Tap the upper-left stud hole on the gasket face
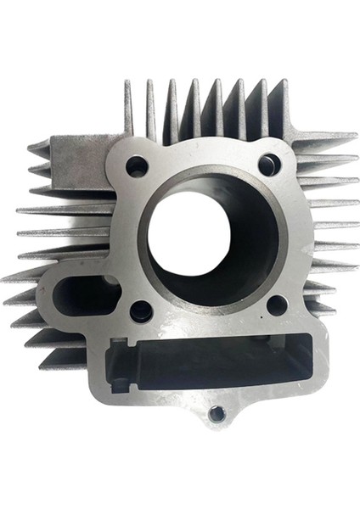tap(137, 166)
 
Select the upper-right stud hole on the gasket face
tap(268, 165)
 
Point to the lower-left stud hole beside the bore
tap(142, 310)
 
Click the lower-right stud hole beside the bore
tap(276, 305)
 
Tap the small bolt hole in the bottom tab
tap(217, 414)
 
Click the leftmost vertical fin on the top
tap(129, 106)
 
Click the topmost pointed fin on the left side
tap(38, 147)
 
